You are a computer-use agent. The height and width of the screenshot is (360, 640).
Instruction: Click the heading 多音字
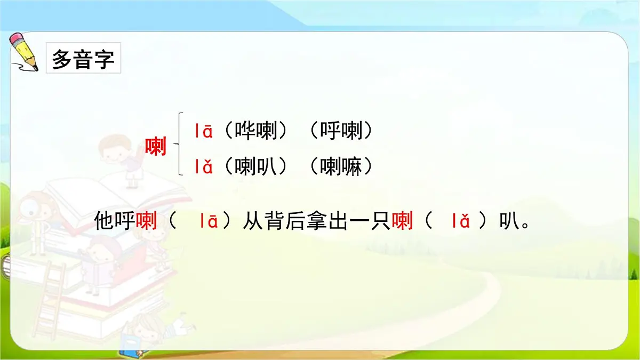click(83, 59)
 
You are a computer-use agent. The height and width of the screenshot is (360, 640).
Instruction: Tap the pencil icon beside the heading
click(25, 52)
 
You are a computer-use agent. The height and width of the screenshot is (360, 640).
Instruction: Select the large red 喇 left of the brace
click(156, 146)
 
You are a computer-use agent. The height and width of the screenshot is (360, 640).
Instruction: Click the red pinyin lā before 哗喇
click(204, 131)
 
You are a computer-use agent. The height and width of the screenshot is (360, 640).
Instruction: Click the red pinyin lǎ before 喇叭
click(204, 167)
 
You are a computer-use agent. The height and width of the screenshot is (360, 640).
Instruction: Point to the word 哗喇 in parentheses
click(257, 131)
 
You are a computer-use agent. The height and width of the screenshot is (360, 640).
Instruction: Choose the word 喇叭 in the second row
click(257, 167)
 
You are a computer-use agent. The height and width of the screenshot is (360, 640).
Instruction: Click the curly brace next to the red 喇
click(180, 144)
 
